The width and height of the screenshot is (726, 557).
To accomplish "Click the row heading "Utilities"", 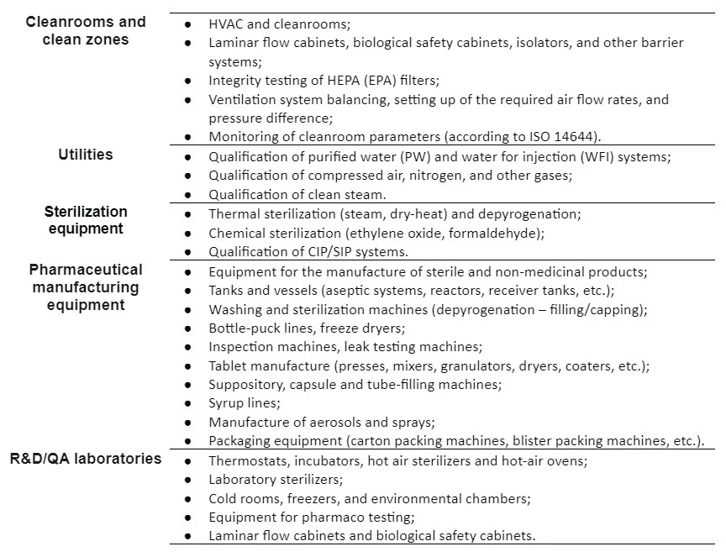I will [85, 155].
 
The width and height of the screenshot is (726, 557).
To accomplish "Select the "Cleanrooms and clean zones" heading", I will [85, 30].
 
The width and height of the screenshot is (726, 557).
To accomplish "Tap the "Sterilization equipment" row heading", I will [85, 220].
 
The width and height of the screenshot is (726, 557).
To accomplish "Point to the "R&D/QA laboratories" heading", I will [85, 459].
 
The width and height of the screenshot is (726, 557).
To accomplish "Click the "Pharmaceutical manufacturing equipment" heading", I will [85, 287].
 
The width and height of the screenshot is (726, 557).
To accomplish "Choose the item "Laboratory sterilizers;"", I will [276, 480].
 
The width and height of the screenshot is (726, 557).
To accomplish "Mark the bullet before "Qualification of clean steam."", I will [189, 195].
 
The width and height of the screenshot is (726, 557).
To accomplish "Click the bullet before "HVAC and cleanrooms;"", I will [189, 24].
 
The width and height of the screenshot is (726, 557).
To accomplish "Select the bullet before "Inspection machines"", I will [189, 347].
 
